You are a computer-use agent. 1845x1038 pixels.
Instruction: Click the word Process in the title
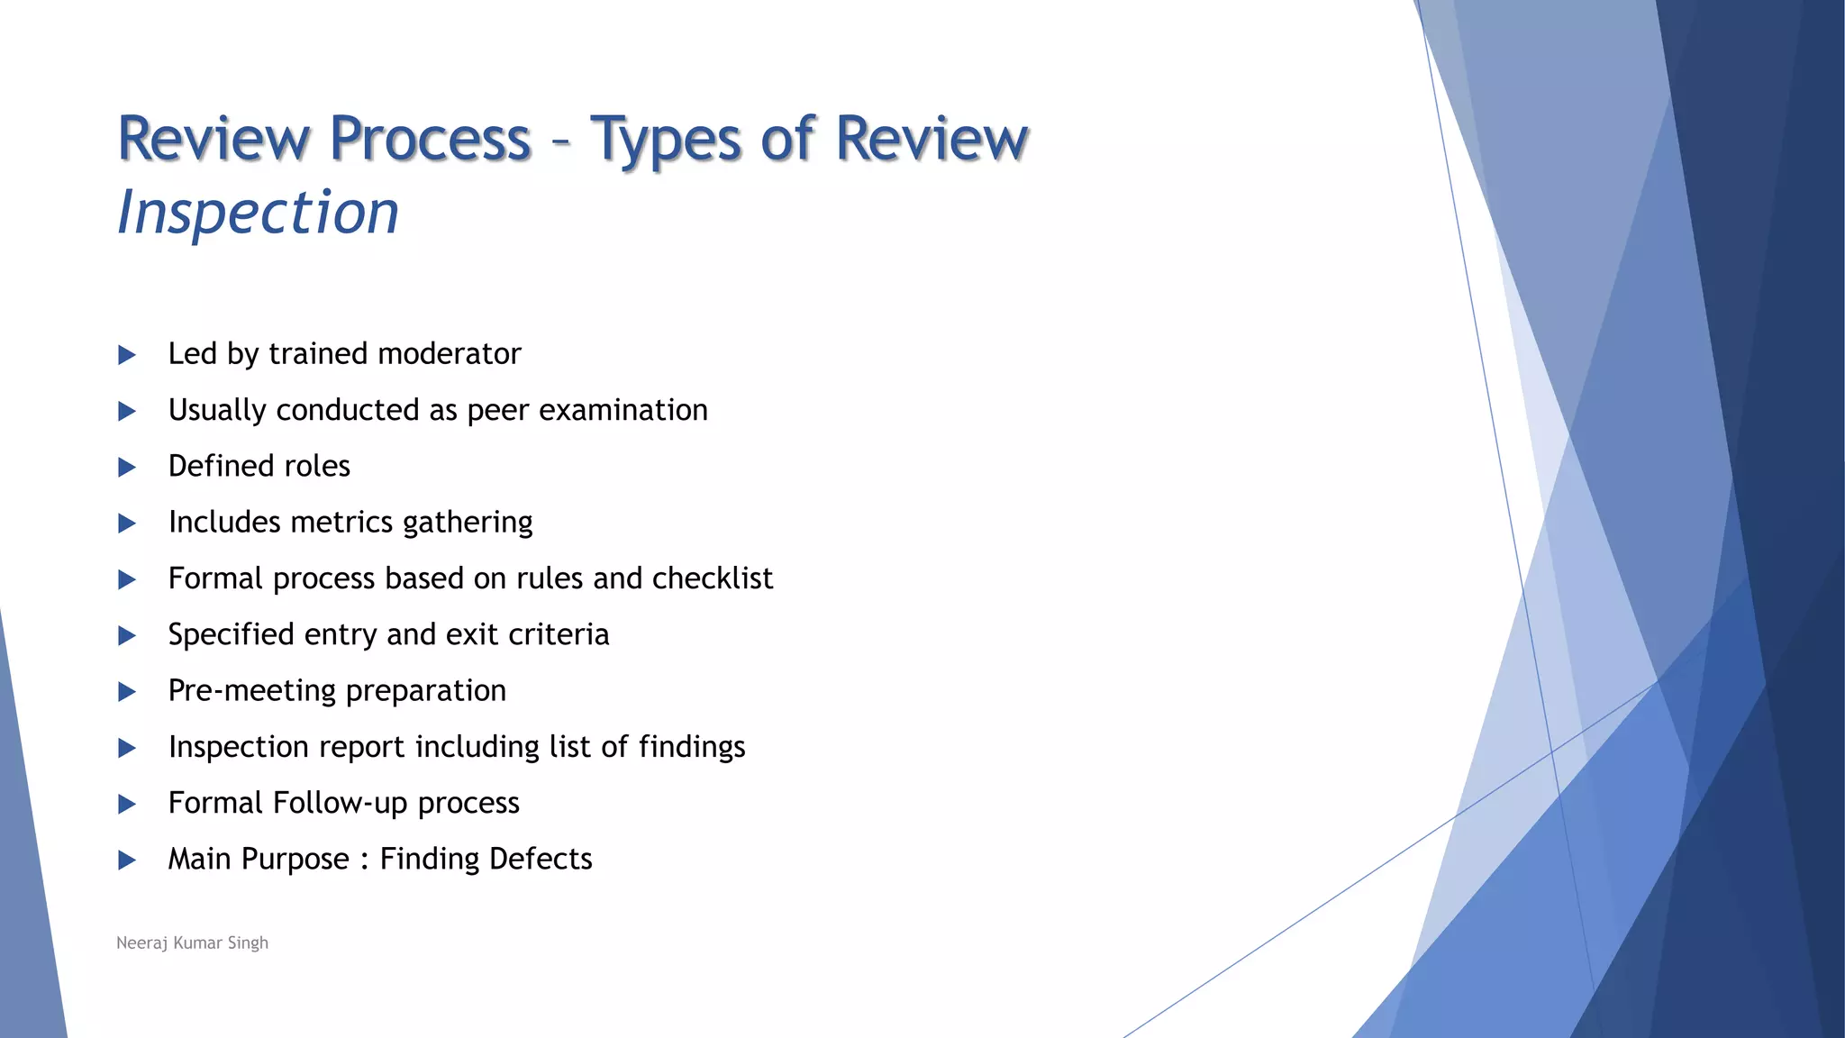coord(430,140)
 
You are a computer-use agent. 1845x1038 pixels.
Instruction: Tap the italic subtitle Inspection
coord(258,213)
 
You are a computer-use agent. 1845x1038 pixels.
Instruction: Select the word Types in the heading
coord(667,140)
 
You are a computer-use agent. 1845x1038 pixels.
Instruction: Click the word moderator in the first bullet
coord(449,353)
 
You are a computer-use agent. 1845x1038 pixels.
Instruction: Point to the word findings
coord(692,747)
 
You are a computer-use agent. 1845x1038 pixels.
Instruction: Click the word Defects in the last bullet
coord(541,859)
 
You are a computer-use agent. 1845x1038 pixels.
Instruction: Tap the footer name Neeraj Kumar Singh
coord(192,942)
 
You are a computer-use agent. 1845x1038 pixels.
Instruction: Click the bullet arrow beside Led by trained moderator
coord(127,355)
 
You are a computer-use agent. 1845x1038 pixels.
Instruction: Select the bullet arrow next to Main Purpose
coord(127,860)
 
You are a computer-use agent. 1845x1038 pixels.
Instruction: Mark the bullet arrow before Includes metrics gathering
coord(127,524)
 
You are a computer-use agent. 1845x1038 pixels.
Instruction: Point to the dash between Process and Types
coord(560,142)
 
